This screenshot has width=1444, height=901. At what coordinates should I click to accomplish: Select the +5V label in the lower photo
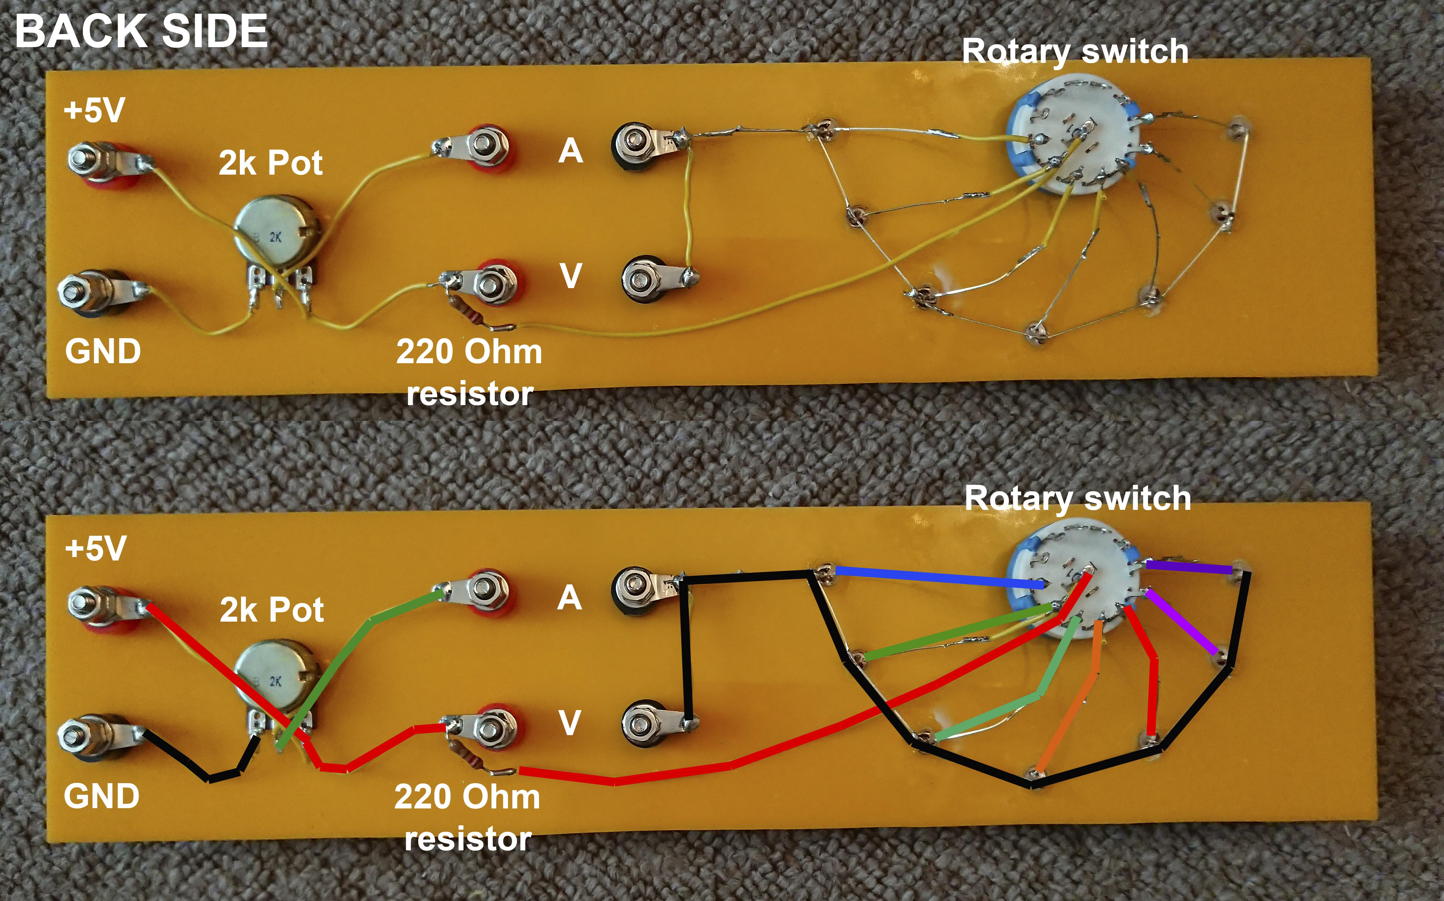click(x=95, y=548)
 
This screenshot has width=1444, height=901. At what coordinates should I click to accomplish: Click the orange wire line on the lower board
click(x=1073, y=697)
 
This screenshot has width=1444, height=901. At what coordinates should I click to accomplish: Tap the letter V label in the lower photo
click(x=569, y=722)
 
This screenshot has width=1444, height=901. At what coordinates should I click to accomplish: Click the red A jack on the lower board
click(x=486, y=590)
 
